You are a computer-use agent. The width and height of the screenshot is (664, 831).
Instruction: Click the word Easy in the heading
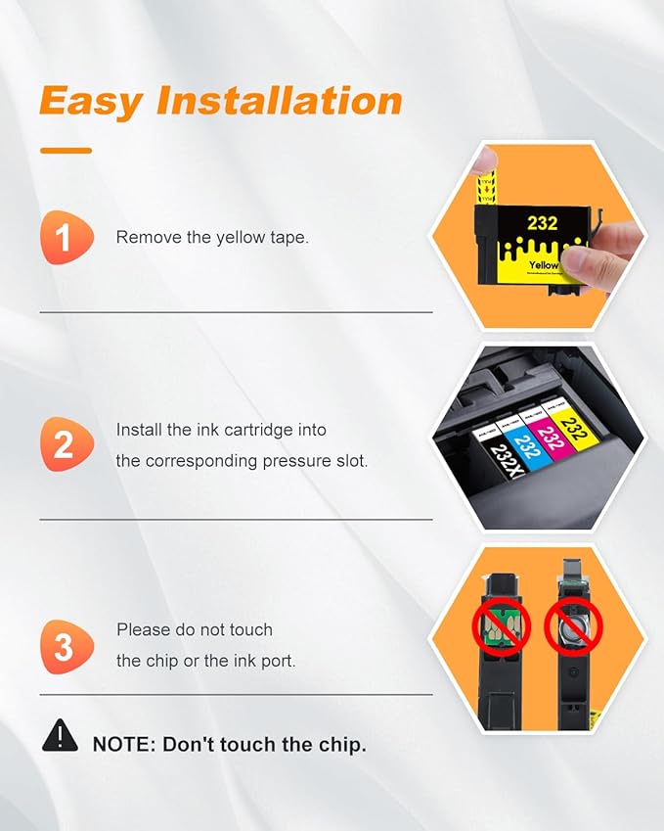[x=90, y=101]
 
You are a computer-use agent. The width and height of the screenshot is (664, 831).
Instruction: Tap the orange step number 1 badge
[x=65, y=238]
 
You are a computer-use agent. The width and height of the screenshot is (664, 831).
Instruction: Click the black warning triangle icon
[x=60, y=735]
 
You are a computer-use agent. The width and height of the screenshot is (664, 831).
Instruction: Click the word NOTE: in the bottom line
[x=123, y=745]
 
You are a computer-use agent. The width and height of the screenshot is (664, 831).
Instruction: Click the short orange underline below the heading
[x=66, y=151]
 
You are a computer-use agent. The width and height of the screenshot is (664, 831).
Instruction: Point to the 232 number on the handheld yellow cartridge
[x=543, y=224]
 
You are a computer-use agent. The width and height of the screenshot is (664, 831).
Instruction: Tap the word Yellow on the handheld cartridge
[x=542, y=265]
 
